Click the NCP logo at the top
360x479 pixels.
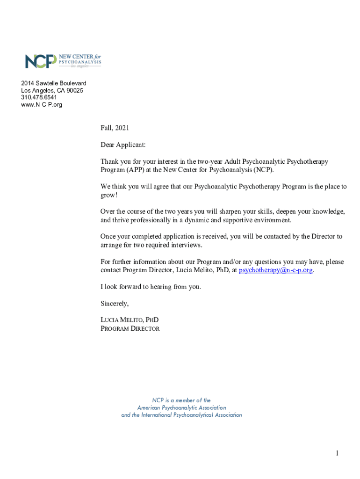click(63, 61)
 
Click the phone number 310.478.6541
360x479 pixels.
click(39, 97)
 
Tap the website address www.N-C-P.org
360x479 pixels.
click(42, 104)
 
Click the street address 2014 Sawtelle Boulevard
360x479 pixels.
click(53, 83)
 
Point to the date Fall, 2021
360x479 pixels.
click(115, 128)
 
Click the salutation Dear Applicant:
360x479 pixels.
click(123, 145)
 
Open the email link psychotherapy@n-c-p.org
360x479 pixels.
click(275, 270)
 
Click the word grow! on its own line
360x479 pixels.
click(109, 195)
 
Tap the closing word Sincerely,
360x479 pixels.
click(115, 304)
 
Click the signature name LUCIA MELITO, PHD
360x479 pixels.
click(130, 320)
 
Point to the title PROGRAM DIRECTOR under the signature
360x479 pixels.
click(130, 328)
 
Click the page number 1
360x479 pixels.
click(336, 453)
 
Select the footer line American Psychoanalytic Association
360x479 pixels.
click(181, 408)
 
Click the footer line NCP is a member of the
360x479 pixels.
click(181, 400)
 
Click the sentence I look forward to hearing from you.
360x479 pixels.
click(151, 287)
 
